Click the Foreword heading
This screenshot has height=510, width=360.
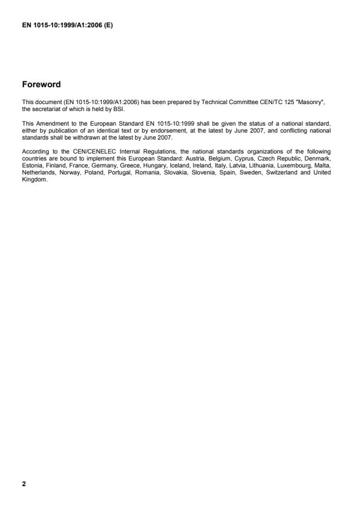(x=41, y=85)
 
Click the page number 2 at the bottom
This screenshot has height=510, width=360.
(x=24, y=483)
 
